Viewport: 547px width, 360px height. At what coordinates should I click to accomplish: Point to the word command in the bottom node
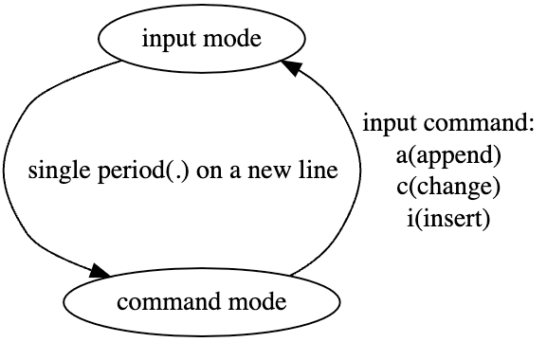[160, 304]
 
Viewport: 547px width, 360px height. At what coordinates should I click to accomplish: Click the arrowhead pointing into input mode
[291, 66]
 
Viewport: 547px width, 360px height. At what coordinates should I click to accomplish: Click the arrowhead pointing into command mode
[100, 272]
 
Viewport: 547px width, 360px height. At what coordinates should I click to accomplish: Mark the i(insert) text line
[448, 219]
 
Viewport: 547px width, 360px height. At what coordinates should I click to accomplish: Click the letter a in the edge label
[235, 172]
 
